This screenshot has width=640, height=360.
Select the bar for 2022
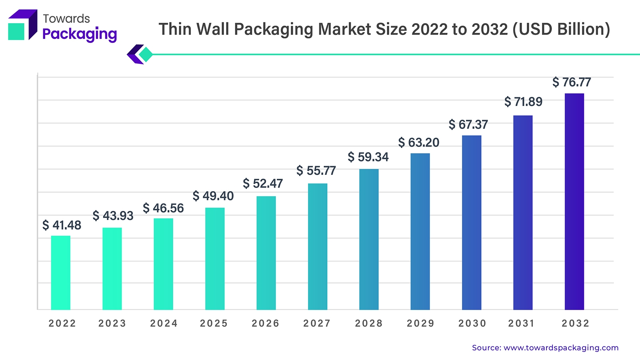[61, 273]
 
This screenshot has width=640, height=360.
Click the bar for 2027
[318, 246]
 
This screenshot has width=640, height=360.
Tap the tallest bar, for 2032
[574, 202]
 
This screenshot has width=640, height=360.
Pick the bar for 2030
[472, 222]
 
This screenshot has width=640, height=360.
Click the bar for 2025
[215, 258]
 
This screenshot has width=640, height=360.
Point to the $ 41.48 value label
[62, 225]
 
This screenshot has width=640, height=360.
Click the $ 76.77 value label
[572, 82]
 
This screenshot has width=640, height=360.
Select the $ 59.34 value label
[368, 157]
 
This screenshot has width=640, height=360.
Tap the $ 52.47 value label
[263, 184]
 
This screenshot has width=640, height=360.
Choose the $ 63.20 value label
[419, 142]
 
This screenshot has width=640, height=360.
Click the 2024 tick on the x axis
[164, 323]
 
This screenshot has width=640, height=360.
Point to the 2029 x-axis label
[420, 323]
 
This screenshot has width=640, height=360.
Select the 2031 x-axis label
[522, 323]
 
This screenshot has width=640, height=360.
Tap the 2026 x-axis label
[265, 323]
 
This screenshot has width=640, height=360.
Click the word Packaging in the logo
[80, 34]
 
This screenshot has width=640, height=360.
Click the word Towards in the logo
[66, 18]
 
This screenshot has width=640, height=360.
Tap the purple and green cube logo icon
[22, 25]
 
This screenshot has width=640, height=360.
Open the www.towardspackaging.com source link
[561, 348]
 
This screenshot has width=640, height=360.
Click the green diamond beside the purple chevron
[146, 54]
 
